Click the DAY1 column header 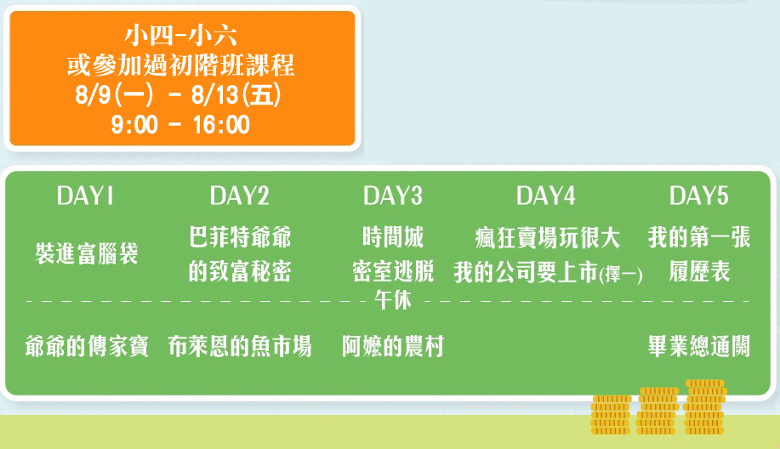click(x=85, y=196)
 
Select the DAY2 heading click(x=239, y=196)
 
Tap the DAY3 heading click(x=392, y=196)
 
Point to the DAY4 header click(x=546, y=196)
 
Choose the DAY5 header click(x=699, y=196)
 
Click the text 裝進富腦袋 click(x=87, y=253)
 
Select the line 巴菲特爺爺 click(x=240, y=237)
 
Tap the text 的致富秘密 click(x=240, y=271)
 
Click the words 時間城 click(x=393, y=237)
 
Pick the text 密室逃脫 click(x=393, y=271)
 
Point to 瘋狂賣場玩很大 click(x=548, y=238)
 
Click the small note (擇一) click(x=621, y=275)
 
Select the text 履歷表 click(x=699, y=271)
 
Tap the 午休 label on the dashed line click(x=393, y=300)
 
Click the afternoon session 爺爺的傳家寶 click(x=87, y=347)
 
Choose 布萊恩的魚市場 click(x=240, y=347)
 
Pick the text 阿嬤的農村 click(x=393, y=347)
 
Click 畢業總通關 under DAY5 click(x=699, y=347)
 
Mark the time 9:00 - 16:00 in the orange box click(x=180, y=125)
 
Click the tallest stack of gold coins click(x=705, y=407)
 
